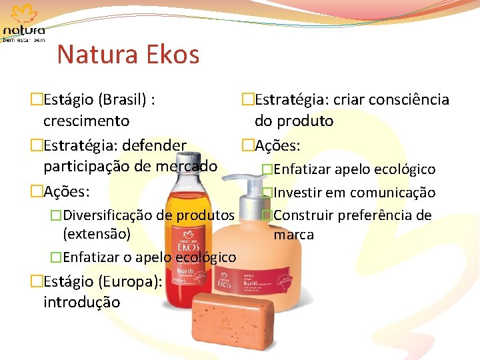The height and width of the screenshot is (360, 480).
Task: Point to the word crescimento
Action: (86, 121)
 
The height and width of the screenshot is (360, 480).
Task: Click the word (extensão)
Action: (96, 234)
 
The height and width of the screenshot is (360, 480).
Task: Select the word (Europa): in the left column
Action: (129, 281)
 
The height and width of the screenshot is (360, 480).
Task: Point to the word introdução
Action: (81, 302)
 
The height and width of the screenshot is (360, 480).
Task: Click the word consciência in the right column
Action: (407, 100)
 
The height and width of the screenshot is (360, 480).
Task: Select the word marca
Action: (293, 235)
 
